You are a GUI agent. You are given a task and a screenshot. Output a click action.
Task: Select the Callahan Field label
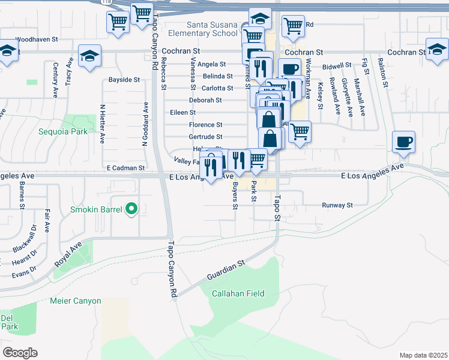238,293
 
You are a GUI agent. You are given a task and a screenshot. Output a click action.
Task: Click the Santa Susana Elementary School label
212,29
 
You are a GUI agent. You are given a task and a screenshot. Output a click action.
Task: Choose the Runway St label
337,205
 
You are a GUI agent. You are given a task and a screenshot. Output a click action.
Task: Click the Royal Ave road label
67,254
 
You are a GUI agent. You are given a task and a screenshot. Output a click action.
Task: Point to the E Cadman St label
125,169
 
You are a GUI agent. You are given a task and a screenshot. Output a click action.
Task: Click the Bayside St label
124,79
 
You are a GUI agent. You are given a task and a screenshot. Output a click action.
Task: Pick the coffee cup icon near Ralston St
403,143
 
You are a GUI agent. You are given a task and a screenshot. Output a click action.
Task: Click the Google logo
20,352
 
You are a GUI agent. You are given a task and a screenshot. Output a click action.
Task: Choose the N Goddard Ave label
145,124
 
